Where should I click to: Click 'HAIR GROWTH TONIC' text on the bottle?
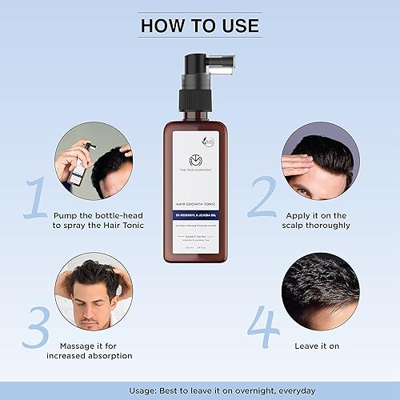point(199,204)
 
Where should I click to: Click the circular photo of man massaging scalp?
point(93,293)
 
